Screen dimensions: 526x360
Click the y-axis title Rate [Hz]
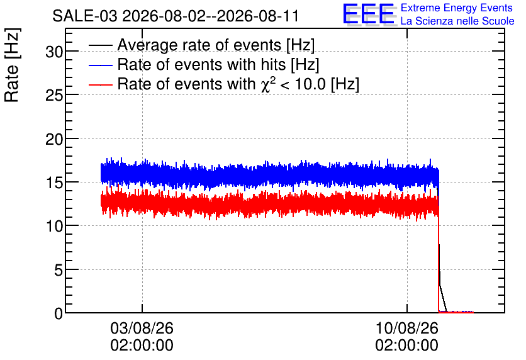[13, 65]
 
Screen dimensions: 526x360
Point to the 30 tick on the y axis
[54, 52]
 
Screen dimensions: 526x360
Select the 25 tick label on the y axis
[54, 95]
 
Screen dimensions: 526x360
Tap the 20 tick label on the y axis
[54, 139]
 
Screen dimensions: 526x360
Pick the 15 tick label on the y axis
[54, 183]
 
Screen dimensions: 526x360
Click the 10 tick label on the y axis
[54, 226]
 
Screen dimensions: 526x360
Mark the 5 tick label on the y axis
[59, 270]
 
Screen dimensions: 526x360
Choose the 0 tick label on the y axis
[59, 313]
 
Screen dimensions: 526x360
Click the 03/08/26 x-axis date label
[142, 328]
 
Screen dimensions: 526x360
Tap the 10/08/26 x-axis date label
[407, 328]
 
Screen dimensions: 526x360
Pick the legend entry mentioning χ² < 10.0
[238, 84]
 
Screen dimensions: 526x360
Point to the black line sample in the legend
[101, 45]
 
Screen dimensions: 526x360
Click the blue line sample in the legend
[101, 65]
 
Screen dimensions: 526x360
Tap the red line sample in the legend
[101, 84]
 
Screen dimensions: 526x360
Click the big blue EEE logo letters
[369, 14]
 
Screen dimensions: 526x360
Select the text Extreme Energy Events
[457, 8]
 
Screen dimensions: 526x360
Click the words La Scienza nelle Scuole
[457, 21]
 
